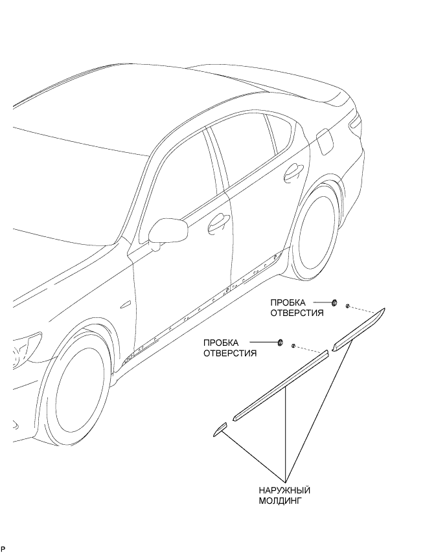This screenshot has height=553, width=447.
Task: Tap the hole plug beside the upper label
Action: coord(334,302)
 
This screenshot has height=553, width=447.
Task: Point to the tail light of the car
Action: coord(355,124)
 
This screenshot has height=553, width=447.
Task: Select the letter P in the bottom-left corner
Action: coord(3,550)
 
